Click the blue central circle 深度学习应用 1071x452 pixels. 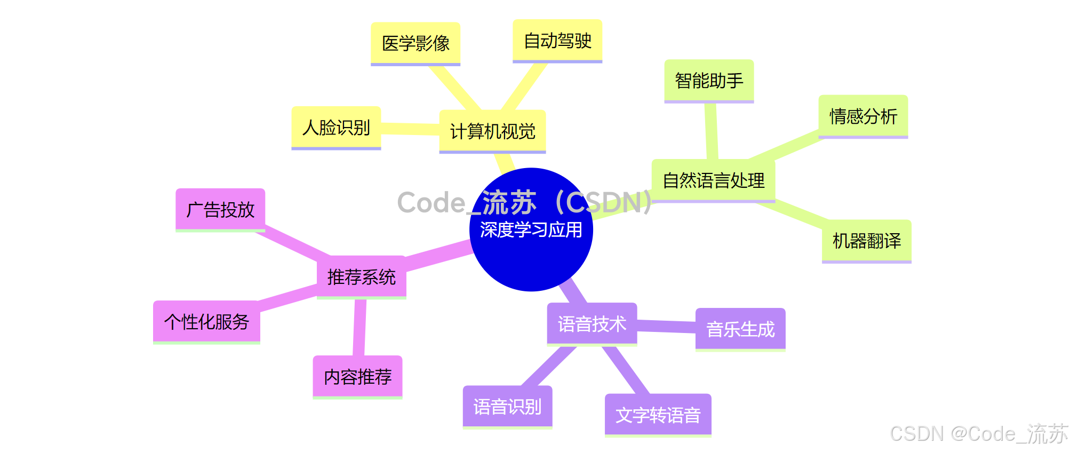(x=531, y=251)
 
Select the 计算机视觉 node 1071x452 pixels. (x=492, y=131)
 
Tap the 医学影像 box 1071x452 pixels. (x=415, y=43)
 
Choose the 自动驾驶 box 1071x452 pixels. (x=557, y=41)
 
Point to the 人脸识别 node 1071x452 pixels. (x=336, y=128)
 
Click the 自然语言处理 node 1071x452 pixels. (x=713, y=180)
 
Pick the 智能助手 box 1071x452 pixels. (x=709, y=81)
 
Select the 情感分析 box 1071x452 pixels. (x=863, y=116)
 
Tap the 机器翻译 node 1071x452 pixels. (x=867, y=241)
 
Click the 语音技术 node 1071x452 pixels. (x=592, y=324)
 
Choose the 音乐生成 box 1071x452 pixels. (x=740, y=329)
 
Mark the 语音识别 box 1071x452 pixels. (x=507, y=407)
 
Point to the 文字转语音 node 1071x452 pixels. (x=658, y=415)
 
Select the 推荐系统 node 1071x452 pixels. (x=361, y=277)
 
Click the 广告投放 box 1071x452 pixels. (x=220, y=210)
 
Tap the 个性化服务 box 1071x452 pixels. (x=206, y=322)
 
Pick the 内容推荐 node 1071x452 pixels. (x=357, y=377)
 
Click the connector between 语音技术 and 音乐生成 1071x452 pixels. (x=666, y=326)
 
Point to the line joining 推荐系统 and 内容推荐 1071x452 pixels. (x=359, y=327)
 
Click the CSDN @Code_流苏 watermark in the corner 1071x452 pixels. (x=979, y=433)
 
